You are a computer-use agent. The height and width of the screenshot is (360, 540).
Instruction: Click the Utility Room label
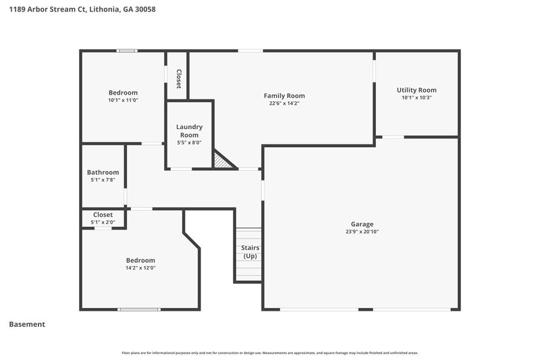tap(416, 90)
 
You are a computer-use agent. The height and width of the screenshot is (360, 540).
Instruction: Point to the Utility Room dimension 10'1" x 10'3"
tap(416, 98)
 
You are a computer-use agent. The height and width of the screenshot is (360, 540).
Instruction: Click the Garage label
tap(362, 224)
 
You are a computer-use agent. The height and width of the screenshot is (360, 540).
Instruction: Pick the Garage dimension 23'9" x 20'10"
tap(362, 232)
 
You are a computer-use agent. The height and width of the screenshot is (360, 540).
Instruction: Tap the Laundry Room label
tap(189, 130)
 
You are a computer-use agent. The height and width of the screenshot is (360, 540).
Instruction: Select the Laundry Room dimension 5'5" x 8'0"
tap(189, 143)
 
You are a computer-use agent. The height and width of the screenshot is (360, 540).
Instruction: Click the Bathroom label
tap(103, 172)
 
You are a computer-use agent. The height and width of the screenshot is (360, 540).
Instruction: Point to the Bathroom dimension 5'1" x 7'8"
tap(103, 180)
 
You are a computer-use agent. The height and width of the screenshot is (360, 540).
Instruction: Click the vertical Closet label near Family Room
tap(178, 79)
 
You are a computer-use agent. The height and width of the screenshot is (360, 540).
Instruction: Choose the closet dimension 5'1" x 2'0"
tap(103, 222)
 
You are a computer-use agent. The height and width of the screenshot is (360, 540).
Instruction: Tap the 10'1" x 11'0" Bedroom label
tap(123, 93)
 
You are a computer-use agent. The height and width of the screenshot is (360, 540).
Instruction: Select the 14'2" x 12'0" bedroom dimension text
tap(140, 268)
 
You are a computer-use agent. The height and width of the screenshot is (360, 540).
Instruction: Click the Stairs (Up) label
tap(250, 252)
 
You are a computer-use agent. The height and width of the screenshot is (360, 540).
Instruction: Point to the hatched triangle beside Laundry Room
tap(221, 161)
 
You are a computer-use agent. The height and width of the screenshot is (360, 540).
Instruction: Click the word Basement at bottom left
tap(27, 324)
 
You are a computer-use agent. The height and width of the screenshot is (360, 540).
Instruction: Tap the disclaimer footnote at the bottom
tap(269, 353)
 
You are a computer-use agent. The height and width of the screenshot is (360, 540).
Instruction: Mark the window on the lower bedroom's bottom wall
tap(138, 309)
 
